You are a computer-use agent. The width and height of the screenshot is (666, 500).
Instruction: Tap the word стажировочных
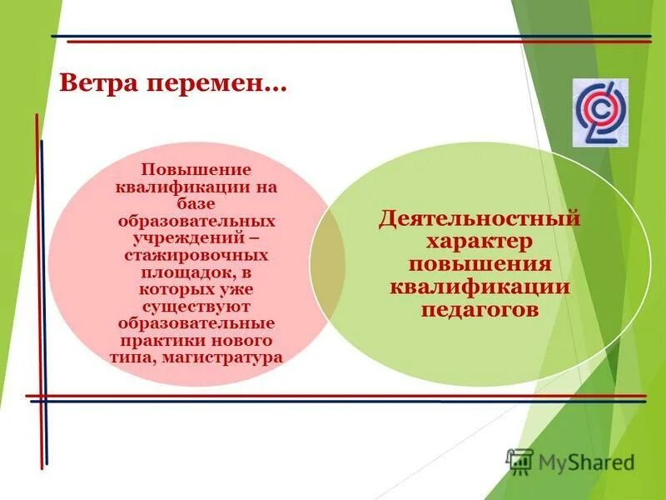196,256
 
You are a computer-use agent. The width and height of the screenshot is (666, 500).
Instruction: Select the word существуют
196,306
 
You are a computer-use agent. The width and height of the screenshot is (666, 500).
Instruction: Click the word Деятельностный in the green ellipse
480,220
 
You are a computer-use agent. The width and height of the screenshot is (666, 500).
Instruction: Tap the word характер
480,242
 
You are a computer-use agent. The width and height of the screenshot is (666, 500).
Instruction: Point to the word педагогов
480,310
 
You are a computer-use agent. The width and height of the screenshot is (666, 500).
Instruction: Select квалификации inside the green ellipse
480,287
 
